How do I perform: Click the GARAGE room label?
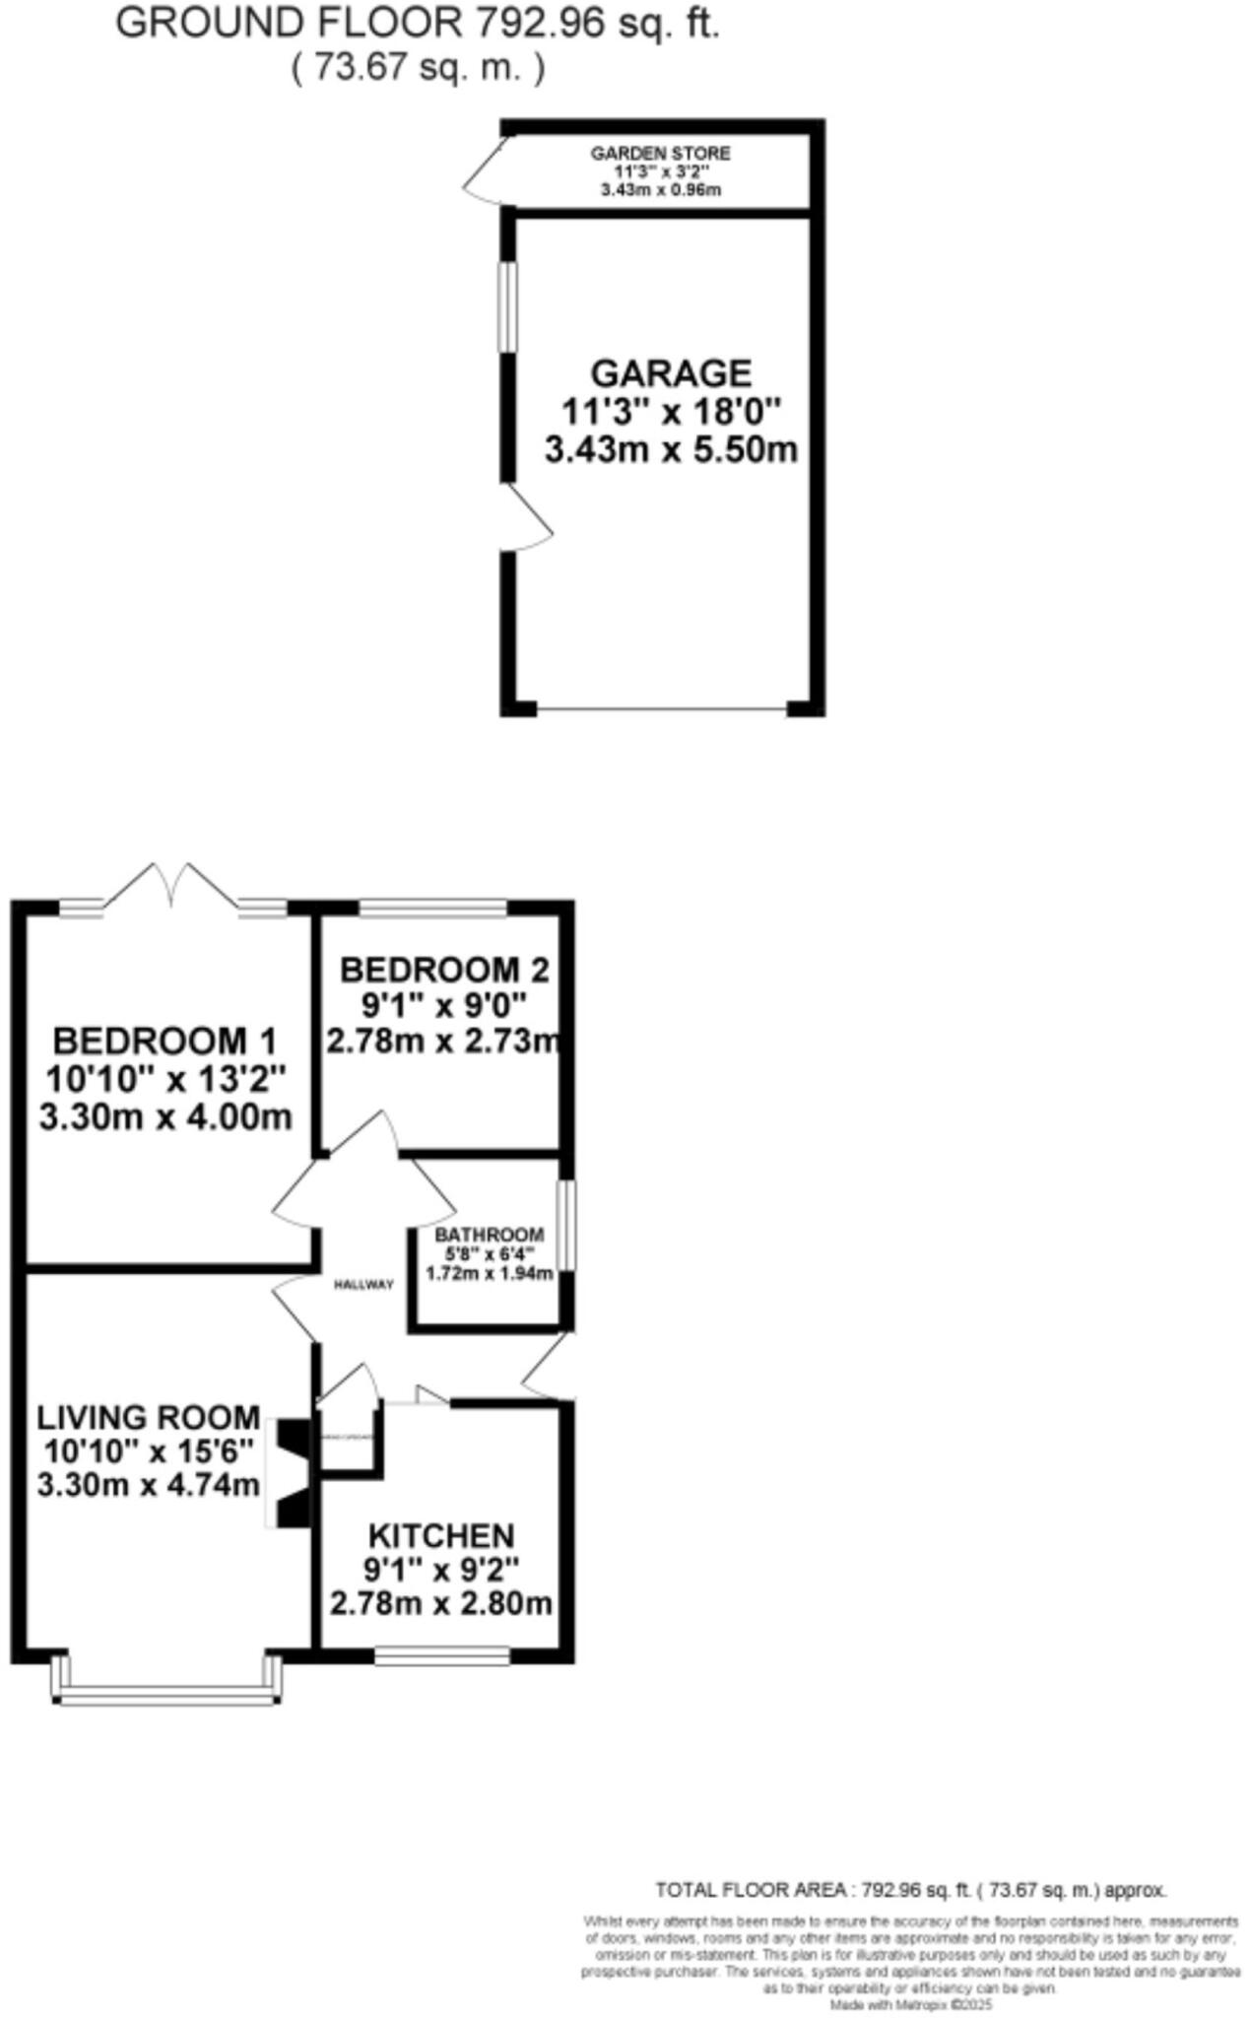(670, 373)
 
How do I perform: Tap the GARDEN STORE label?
(660, 154)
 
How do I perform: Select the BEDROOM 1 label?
(164, 1041)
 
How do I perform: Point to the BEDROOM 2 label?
(443, 971)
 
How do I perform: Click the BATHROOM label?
(490, 1235)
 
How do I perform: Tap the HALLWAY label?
(363, 1285)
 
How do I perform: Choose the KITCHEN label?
(440, 1536)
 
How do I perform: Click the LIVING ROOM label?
(149, 1418)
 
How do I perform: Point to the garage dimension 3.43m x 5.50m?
(670, 450)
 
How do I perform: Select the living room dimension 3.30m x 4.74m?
(149, 1485)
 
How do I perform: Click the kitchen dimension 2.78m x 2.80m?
(440, 1603)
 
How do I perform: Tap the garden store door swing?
(487, 172)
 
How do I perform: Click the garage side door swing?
(527, 517)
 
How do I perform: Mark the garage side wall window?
(506, 305)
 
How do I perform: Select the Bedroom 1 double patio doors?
(171, 887)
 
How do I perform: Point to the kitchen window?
(441, 1657)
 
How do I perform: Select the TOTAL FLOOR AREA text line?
(910, 1890)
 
